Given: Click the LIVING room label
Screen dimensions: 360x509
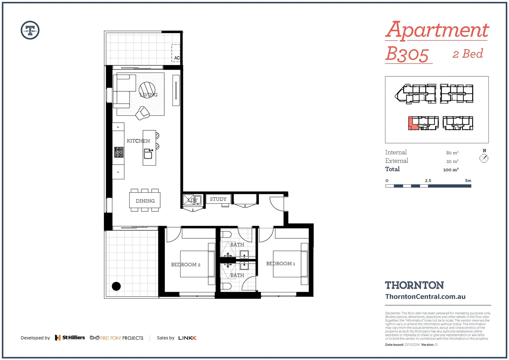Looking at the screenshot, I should [x=149, y=95].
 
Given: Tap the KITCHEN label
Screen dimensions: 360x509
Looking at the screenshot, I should [x=138, y=141].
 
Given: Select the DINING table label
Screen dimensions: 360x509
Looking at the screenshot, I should [x=145, y=201].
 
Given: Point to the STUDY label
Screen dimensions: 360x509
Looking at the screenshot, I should [x=218, y=199].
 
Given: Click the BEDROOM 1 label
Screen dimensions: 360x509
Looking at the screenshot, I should [x=280, y=264].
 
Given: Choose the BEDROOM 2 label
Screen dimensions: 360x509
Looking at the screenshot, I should [x=186, y=265].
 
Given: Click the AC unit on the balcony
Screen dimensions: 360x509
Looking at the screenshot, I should [x=176, y=53].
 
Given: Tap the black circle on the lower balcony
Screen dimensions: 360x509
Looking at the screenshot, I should [x=116, y=286].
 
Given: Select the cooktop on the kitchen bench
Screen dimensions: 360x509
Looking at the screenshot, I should [x=119, y=152].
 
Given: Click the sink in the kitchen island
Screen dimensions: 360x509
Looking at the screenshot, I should [x=148, y=154].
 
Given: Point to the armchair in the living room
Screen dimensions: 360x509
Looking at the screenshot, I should [x=143, y=113].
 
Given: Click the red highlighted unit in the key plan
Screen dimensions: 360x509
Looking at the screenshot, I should [x=412, y=123].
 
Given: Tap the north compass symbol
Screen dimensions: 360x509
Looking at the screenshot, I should [x=484, y=158].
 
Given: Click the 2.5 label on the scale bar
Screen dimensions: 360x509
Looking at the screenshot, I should [x=428, y=181].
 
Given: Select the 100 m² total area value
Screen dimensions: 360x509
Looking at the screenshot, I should [x=451, y=170].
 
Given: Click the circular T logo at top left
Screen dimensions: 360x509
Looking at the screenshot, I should [x=30, y=30].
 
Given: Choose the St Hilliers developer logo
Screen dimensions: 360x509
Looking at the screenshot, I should [x=70, y=338].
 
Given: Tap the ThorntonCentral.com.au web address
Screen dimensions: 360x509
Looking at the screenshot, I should [x=425, y=297].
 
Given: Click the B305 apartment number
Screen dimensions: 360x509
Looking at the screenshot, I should [x=407, y=54].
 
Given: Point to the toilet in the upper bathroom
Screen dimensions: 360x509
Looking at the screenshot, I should [x=226, y=234].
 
